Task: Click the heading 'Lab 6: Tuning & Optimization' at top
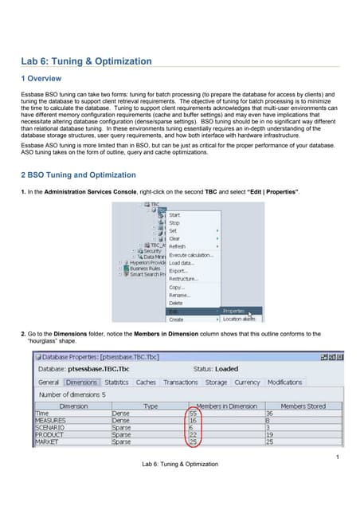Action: [86, 61]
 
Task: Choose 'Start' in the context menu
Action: [175, 215]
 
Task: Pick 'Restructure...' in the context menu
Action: [182, 279]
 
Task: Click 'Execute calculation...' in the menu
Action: [191, 255]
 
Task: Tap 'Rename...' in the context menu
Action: [178, 295]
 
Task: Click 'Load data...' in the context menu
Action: [182, 263]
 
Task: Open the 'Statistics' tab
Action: [116, 382]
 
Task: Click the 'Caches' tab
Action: [147, 382]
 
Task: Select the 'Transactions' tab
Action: [180, 382]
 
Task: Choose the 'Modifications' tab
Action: [284, 382]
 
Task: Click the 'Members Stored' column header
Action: [303, 406]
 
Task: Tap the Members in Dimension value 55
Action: [193, 414]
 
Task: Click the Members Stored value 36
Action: [269, 414]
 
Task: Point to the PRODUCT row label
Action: [49, 435]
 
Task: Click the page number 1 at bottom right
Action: [338, 456]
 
